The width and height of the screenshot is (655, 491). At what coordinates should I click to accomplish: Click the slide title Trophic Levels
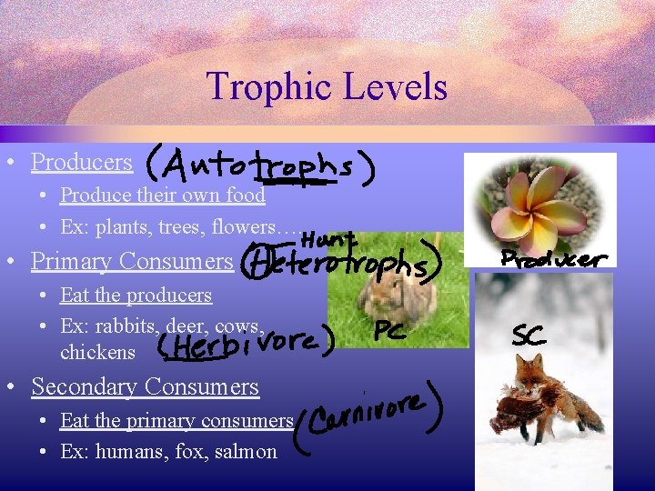pos(327,87)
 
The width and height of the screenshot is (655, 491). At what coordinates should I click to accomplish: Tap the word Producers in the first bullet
pos(82,162)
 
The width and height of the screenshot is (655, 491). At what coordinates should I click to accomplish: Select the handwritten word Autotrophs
pos(259,167)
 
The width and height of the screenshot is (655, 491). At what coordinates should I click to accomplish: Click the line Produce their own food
pos(163,195)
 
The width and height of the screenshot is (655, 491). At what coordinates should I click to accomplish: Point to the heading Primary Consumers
pos(132,261)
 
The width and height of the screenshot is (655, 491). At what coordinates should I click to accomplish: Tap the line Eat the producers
pos(136,296)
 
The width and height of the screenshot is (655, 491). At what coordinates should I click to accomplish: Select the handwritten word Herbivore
pos(246,345)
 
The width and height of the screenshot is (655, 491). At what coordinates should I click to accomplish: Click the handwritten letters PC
pos(390,332)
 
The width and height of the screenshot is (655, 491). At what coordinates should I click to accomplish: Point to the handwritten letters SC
pos(529,336)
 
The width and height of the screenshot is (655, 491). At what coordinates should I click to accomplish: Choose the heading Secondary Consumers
pos(145,386)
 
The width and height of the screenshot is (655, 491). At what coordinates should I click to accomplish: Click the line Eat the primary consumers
pos(176,421)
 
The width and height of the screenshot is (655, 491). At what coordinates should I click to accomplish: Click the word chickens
pos(97,352)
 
